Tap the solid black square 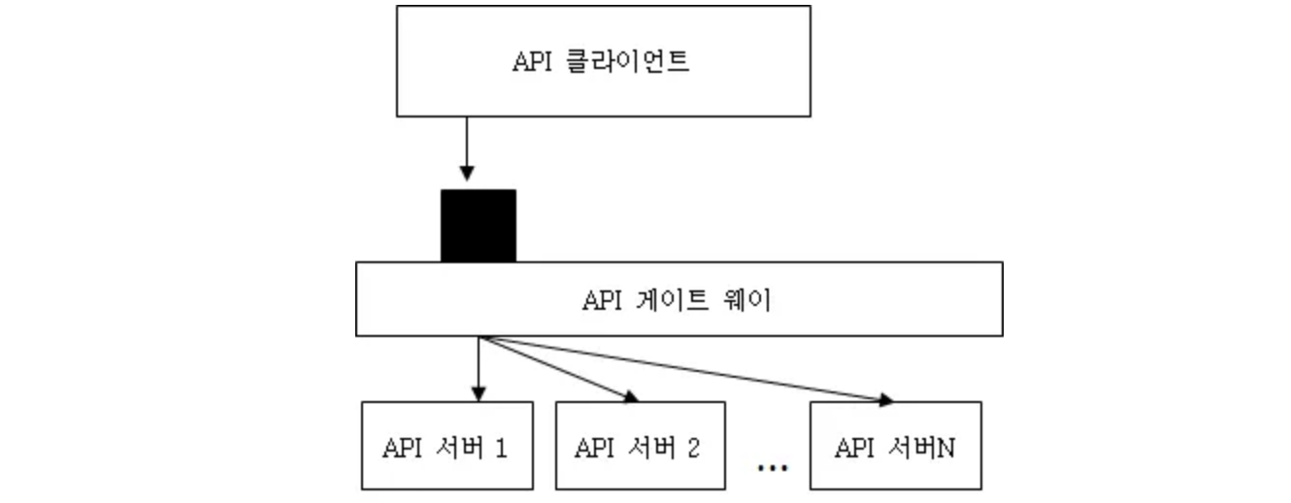[478, 225]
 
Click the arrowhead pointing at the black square [467, 174]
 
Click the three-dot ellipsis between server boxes [772, 468]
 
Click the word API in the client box [531, 61]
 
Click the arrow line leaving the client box [467, 141]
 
